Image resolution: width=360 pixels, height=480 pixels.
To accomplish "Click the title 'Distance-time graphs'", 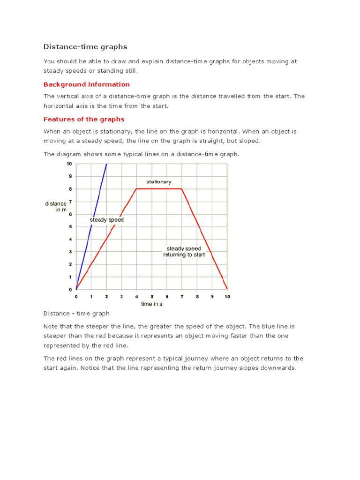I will click(85, 47).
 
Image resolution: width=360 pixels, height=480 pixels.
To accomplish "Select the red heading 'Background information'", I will click(86, 84).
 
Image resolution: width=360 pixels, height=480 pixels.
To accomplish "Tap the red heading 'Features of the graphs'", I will click(84, 119).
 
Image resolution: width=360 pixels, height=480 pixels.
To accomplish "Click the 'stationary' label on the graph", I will click(158, 182).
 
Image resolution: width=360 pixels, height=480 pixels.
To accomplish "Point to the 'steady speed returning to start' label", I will click(184, 252).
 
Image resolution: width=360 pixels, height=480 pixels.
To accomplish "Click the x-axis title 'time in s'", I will click(152, 304).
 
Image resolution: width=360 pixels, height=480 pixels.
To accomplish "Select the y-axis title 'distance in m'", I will click(56, 207).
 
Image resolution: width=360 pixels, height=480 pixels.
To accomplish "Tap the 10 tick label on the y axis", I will click(69, 164).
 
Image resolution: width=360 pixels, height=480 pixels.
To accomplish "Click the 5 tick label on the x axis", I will click(152, 296).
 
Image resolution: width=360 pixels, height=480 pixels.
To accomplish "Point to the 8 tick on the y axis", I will click(70, 189).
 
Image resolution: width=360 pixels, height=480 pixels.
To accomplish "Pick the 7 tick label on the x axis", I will click(182, 296).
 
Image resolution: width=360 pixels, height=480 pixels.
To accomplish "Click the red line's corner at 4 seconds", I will click(136, 189).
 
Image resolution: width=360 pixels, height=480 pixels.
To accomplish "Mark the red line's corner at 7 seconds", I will click(182, 189).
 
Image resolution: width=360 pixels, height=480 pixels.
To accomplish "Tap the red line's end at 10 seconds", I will click(227, 289).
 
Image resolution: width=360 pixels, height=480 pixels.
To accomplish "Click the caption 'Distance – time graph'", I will click(76, 314).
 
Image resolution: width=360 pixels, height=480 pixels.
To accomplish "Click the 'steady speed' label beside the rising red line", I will click(107, 220).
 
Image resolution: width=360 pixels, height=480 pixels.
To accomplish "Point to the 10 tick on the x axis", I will click(227, 296).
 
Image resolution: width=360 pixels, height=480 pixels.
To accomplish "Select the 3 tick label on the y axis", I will click(70, 252).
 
